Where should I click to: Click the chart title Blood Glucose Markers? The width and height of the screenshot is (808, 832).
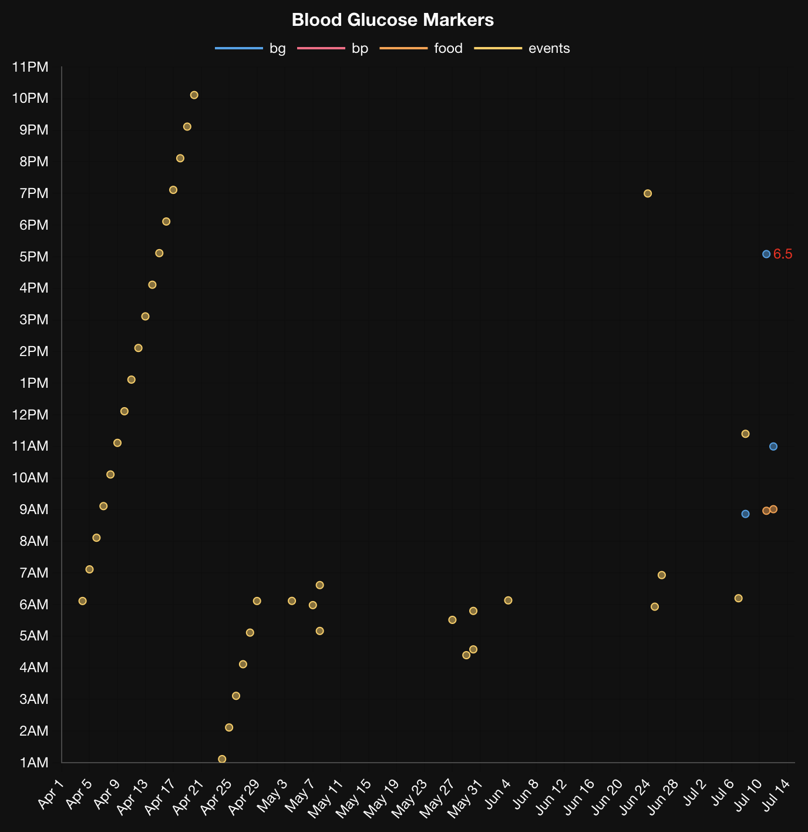pyautogui.click(x=392, y=20)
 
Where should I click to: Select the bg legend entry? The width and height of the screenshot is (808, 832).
pyautogui.click(x=251, y=48)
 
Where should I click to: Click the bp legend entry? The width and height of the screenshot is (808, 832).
pyautogui.click(x=333, y=48)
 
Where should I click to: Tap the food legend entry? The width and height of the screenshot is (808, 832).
pyautogui.click(x=421, y=48)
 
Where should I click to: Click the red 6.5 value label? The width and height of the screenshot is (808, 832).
pyautogui.click(x=783, y=254)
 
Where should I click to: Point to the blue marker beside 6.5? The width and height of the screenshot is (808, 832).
pyautogui.click(x=766, y=254)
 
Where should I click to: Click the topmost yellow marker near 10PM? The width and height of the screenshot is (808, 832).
pyautogui.click(x=194, y=95)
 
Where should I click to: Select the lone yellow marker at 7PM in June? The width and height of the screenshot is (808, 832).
pyautogui.click(x=648, y=193)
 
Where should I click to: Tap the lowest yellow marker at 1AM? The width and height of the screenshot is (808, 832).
pyautogui.click(x=222, y=759)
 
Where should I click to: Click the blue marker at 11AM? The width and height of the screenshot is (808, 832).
pyautogui.click(x=773, y=447)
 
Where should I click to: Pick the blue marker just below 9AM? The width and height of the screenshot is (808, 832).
pyautogui.click(x=745, y=514)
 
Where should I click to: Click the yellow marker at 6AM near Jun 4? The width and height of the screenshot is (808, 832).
pyautogui.click(x=508, y=600)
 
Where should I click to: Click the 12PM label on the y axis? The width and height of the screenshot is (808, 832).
pyautogui.click(x=30, y=415)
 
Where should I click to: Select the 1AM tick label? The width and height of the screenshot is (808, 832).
pyautogui.click(x=33, y=763)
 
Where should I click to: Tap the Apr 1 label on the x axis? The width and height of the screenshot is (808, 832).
pyautogui.click(x=51, y=793)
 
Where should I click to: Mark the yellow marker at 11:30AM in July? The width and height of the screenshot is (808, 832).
pyautogui.click(x=745, y=434)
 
